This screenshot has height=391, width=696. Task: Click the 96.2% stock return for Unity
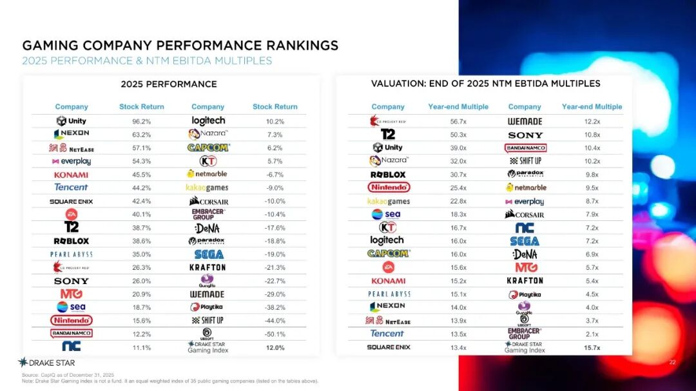(141, 121)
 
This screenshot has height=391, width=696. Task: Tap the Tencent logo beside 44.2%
(71, 187)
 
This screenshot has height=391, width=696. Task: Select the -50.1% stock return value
(275, 334)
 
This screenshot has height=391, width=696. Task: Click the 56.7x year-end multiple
(458, 121)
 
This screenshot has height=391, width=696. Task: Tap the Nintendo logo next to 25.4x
(388, 187)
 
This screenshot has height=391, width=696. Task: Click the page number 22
(672, 363)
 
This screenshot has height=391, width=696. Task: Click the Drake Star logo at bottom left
(46, 363)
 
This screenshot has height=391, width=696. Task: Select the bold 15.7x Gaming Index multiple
(592, 348)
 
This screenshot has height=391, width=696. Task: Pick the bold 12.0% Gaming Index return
(275, 348)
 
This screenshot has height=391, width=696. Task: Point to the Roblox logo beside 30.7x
(388, 175)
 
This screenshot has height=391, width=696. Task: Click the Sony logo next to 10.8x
(525, 135)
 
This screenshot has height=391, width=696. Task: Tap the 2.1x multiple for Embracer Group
(592, 334)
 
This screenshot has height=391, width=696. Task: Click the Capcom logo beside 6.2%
(208, 148)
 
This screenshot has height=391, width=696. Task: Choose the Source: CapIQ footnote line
(68, 375)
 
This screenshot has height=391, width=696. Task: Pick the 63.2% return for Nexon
(141, 135)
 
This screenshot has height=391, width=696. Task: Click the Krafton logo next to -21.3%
(208, 267)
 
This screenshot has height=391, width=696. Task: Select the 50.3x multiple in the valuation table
(458, 135)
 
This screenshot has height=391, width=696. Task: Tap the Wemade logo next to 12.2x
(525, 121)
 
